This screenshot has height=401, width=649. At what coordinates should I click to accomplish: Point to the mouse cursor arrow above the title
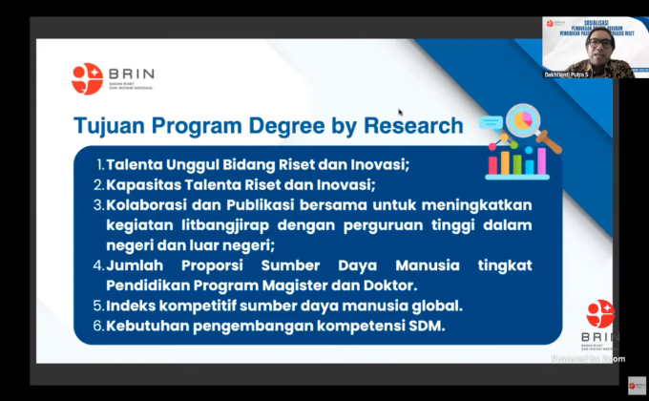(400, 112)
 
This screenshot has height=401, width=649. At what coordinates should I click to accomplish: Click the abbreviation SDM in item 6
(426, 327)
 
